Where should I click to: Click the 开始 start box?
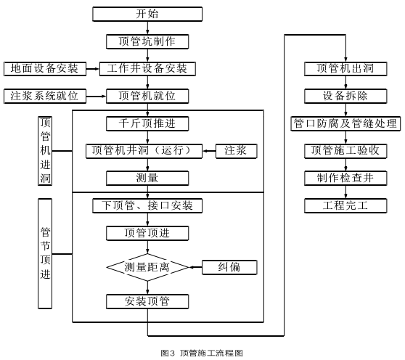[147, 14]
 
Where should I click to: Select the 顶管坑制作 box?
[147, 41]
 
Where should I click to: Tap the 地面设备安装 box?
[45, 69]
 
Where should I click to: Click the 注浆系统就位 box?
[45, 97]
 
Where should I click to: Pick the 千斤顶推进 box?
[147, 123]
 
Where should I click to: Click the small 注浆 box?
[237, 151]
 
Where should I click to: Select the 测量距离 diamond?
[147, 267]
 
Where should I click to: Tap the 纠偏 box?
[229, 267]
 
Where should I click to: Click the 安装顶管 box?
[147, 301]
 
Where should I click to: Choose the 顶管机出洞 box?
[345, 69]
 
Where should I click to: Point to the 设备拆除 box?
[345, 97]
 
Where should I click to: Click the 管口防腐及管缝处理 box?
[345, 123]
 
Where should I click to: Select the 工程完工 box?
[345, 206]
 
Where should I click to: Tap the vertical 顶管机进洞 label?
[45, 151]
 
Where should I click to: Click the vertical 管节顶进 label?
[45, 253]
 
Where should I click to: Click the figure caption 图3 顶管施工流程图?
[202, 353]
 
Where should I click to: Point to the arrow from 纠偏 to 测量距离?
[195, 267]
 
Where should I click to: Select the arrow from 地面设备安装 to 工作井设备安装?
[93, 69]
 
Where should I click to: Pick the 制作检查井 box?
[345, 179]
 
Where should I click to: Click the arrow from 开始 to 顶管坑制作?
[147, 28]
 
